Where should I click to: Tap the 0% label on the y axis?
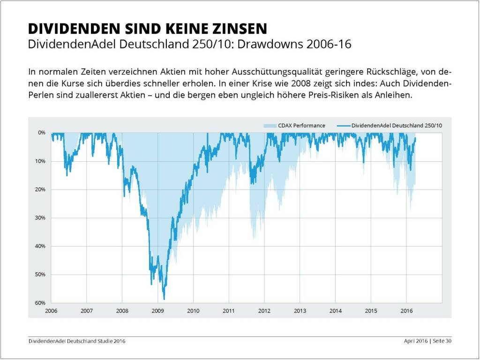tap(42, 133)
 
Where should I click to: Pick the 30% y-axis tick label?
tap(40, 218)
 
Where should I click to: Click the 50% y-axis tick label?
tap(40, 275)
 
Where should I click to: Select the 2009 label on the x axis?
tap(157, 311)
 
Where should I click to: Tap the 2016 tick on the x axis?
tap(406, 311)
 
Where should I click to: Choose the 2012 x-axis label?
tap(264, 311)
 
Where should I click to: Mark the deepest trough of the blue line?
tap(164, 299)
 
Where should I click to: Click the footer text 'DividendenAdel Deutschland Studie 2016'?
tap(77, 341)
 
